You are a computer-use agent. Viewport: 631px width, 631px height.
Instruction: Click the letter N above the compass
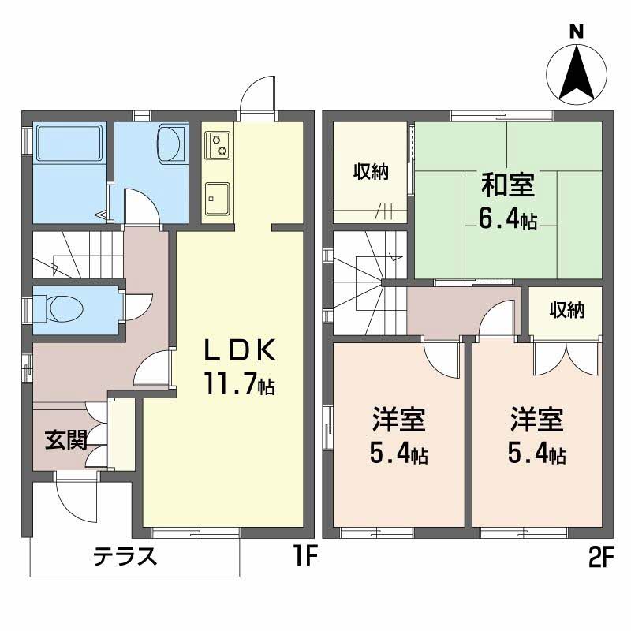577,32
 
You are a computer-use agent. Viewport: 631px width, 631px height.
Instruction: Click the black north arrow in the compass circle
577,73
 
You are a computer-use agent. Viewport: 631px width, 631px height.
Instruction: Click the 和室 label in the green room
508,186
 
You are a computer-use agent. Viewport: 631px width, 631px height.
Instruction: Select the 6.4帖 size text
508,218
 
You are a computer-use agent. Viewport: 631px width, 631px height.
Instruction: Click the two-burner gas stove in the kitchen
215,144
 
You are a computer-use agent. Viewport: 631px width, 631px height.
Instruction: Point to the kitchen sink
215,197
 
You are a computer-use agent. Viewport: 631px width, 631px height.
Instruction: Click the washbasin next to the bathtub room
170,144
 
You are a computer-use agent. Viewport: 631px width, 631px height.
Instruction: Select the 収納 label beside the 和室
370,172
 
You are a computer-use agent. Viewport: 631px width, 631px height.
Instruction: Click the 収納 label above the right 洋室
567,310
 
